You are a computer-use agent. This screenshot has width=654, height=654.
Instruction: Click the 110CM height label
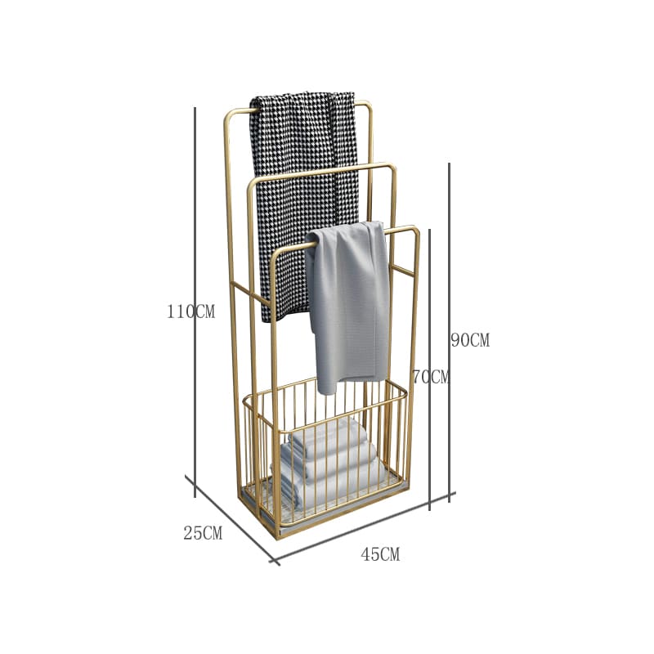191,311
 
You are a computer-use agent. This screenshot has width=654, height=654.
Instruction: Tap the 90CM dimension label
470,340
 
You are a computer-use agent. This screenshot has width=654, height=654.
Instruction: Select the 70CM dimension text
432,377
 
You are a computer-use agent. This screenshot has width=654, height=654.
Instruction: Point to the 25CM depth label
203,533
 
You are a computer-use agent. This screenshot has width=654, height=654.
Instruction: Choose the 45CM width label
380,554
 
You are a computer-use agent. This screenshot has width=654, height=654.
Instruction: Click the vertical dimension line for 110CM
195,302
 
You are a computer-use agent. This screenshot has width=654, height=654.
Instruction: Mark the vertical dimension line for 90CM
449,333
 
